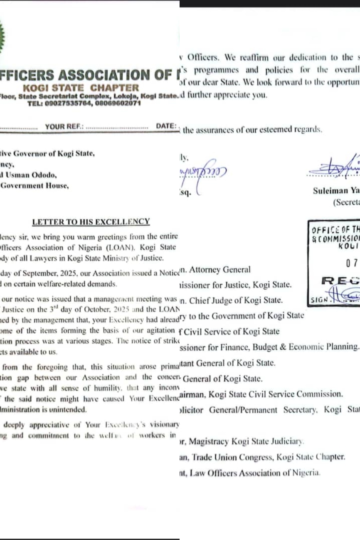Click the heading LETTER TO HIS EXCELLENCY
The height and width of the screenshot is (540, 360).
[91, 222]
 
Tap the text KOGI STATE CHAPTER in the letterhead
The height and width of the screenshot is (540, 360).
[81, 88]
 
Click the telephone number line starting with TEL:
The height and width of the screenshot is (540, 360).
[84, 103]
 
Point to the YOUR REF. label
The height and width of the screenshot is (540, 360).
[65, 126]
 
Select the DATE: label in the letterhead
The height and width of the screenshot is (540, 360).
[166, 126]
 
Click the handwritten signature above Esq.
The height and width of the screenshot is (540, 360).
[204, 171]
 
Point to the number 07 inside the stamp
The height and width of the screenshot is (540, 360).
[351, 263]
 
